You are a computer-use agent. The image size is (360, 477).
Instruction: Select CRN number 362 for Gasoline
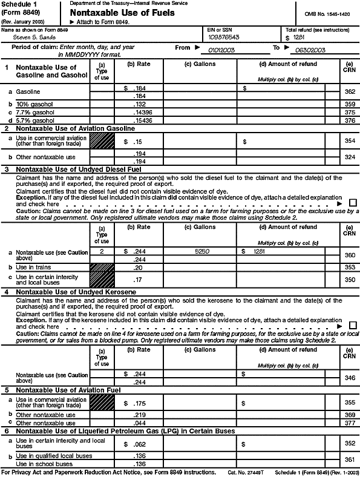(347, 92)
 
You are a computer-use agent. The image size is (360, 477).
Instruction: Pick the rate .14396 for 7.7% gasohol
(138, 111)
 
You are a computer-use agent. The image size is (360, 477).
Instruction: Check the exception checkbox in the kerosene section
(352, 326)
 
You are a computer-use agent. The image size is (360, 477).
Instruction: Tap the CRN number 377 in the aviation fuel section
(347, 423)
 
